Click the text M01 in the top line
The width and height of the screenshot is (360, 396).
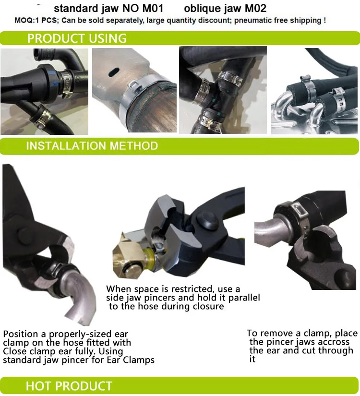coord(153,8)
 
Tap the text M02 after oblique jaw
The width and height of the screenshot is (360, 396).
coord(255,8)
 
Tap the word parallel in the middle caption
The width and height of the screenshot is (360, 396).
coord(244,298)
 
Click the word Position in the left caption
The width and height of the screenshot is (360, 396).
coord(21,334)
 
